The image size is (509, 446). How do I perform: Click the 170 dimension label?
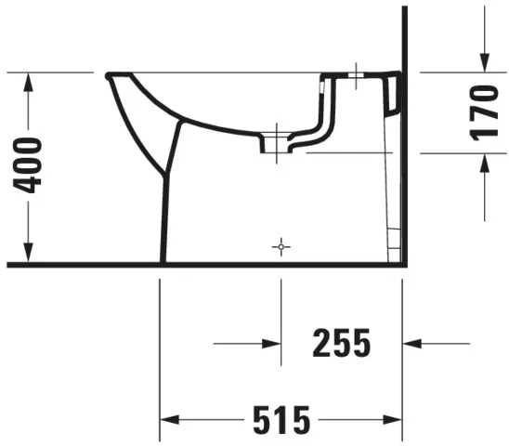pos(483,112)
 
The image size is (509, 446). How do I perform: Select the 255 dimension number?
pos(342,344)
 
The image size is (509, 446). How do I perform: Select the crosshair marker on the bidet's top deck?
pos(357,75)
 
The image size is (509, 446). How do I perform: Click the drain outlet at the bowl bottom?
pos(276,143)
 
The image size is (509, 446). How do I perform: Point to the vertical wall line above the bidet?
pos(405,37)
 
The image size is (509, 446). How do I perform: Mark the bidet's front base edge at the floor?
pos(163,261)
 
